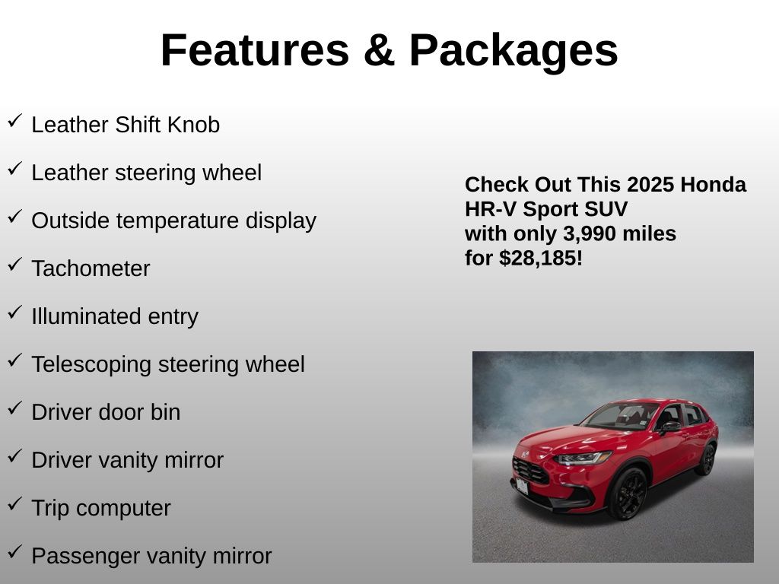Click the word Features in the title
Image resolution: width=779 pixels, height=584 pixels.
(x=255, y=50)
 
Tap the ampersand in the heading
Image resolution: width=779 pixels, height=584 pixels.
(x=379, y=50)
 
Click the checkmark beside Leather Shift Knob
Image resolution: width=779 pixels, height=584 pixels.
(x=15, y=121)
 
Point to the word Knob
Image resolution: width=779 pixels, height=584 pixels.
(x=193, y=125)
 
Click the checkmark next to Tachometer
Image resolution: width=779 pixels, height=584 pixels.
(x=15, y=264)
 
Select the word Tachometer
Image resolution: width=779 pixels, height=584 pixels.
(x=91, y=268)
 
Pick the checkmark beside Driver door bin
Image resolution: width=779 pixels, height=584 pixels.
(x=15, y=408)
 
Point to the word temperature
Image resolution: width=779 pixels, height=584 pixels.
(x=177, y=221)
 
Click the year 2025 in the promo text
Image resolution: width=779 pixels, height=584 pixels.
(x=644, y=185)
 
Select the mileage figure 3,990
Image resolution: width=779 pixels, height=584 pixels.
(x=590, y=234)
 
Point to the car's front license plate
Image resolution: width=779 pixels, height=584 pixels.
(x=522, y=486)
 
